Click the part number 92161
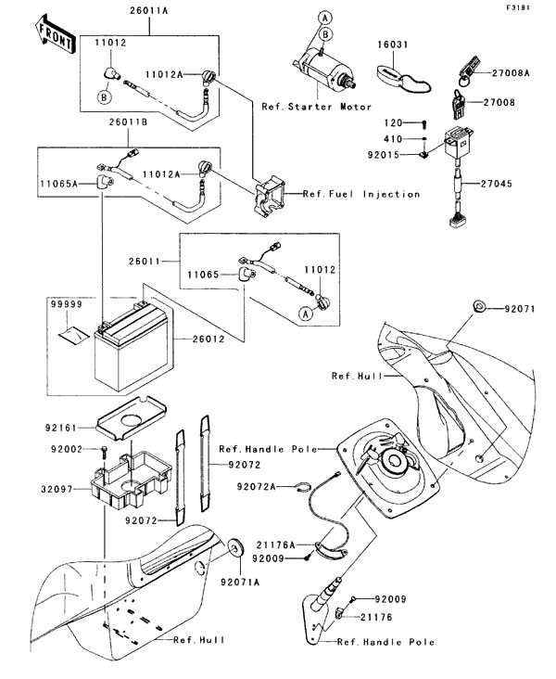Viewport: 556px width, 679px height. pos(62,429)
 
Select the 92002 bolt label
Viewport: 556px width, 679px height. pos(62,450)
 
